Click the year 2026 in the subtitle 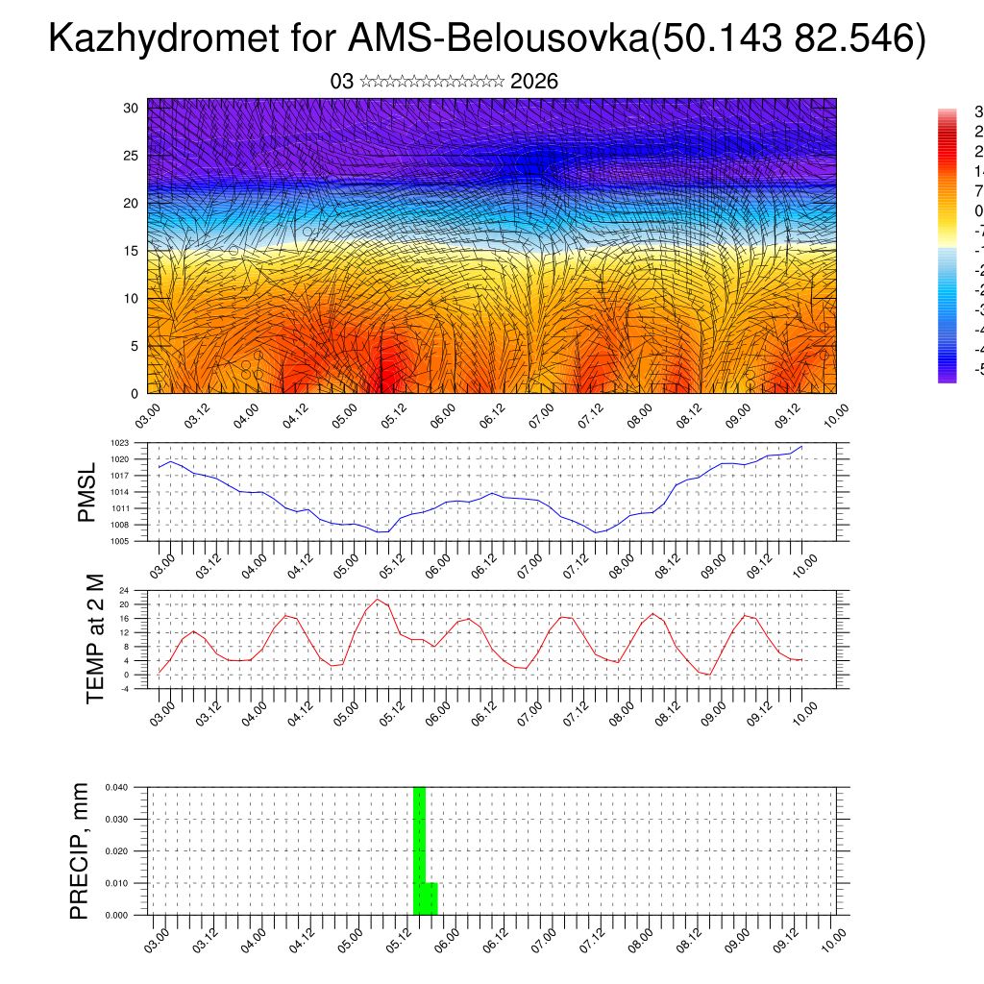(x=534, y=82)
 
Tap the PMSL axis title (x=86, y=492)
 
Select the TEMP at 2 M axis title (x=94, y=639)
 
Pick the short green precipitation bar (x=431, y=898)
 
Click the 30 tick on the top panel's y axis (x=132, y=108)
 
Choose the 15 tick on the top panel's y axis (x=132, y=251)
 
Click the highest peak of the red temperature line (x=378, y=600)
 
